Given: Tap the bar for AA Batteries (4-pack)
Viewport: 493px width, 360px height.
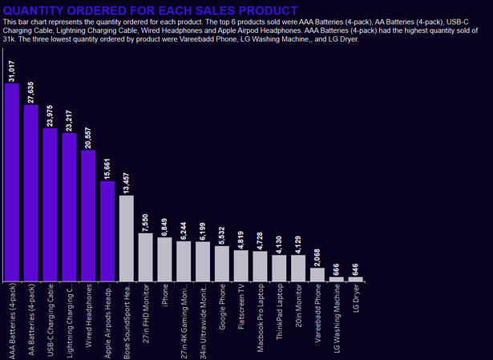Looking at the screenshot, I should [31, 193].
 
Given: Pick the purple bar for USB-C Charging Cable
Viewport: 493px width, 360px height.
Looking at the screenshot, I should [51, 204].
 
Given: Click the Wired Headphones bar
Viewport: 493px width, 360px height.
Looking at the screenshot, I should [88, 216].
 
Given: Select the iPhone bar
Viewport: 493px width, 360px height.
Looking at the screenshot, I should [164, 260].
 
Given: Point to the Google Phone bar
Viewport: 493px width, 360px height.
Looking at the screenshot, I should [221, 264].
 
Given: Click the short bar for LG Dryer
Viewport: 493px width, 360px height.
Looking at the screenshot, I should [355, 279].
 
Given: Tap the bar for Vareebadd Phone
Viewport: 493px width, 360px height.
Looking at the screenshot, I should [317, 274].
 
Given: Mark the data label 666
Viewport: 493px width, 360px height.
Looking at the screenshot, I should [337, 268].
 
